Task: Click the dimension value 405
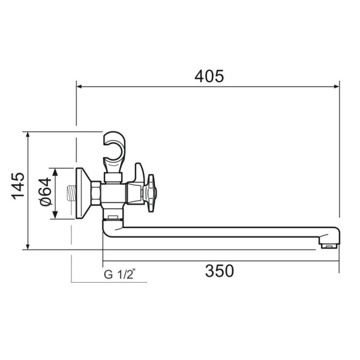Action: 209,76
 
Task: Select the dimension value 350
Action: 219,271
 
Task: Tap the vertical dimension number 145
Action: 17,186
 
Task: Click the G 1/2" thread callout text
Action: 120,275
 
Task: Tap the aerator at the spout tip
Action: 328,245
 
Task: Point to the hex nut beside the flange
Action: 95,193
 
